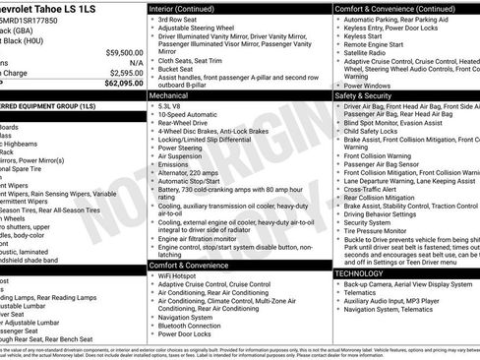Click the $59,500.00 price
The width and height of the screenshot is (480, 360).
click(x=119, y=51)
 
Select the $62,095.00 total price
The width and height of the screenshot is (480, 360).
click(x=119, y=83)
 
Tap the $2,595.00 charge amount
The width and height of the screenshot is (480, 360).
click(x=121, y=72)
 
